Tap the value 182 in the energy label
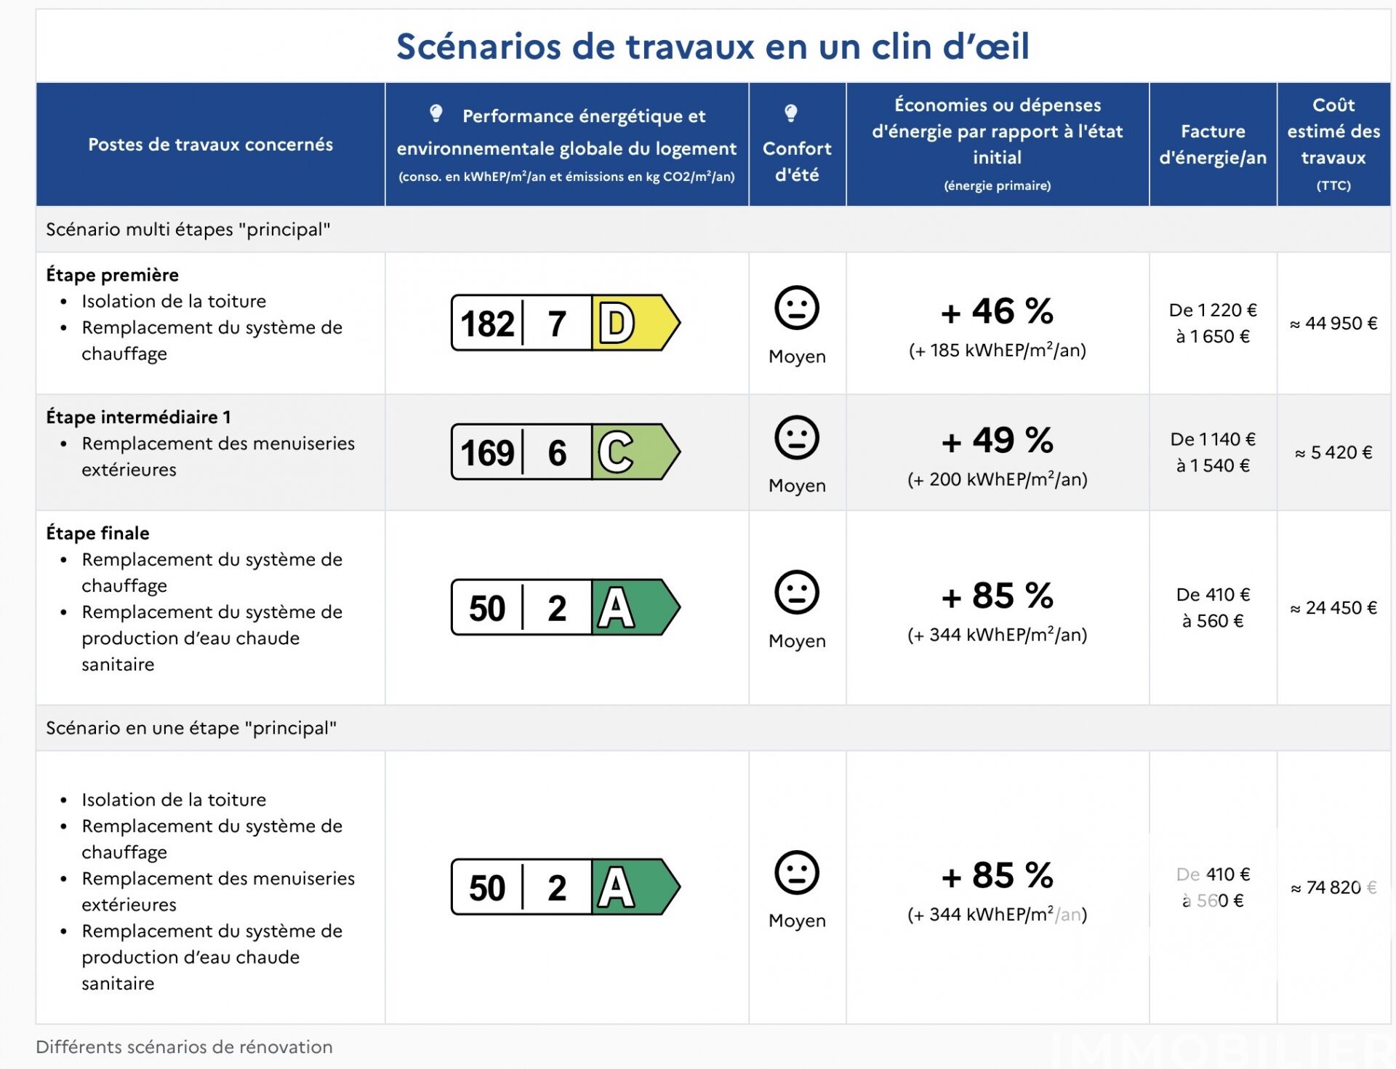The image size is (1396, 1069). (x=487, y=324)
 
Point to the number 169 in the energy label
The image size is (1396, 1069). (x=487, y=452)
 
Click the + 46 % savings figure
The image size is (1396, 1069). (x=997, y=311)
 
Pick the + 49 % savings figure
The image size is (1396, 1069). (x=997, y=440)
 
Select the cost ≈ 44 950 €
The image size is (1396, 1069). (x=1333, y=323)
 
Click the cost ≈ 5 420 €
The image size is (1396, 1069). (x=1333, y=452)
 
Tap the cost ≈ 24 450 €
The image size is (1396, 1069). (x=1333, y=607)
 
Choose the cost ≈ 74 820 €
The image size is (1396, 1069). (x=1333, y=887)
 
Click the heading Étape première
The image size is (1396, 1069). (x=112, y=275)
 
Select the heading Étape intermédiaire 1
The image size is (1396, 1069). (x=138, y=417)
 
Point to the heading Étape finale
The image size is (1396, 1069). (x=97, y=533)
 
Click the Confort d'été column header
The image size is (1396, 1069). (x=797, y=161)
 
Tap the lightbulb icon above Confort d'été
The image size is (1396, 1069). (x=791, y=113)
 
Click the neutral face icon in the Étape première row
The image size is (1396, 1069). (x=797, y=308)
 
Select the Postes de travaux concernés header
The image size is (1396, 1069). (x=210, y=144)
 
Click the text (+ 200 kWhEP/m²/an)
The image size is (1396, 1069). (x=997, y=479)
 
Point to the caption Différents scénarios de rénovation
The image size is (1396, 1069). (x=184, y=1046)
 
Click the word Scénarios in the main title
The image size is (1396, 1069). (x=478, y=47)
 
